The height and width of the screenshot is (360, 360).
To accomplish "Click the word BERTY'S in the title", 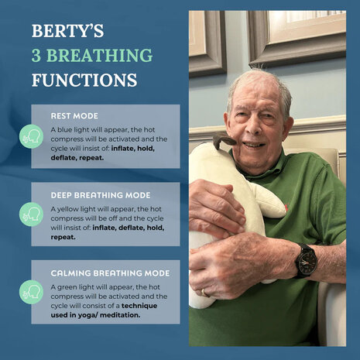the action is coord(68,31).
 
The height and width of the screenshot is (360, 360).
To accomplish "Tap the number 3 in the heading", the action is coord(36,55).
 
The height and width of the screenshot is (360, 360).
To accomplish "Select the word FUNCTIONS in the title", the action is coord(84,80).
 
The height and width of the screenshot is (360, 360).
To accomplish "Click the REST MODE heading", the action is coord(74,116).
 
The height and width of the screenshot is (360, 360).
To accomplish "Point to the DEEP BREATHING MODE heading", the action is coord(101,195).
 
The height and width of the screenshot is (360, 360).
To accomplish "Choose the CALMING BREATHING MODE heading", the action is coord(110,273).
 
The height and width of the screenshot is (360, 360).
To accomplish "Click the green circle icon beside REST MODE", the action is coord(31,136).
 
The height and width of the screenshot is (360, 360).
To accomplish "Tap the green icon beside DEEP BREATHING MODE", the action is coord(31,214).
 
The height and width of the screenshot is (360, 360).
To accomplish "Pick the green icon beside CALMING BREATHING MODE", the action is coord(31,292).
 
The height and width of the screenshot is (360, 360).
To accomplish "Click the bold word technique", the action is coord(139,306).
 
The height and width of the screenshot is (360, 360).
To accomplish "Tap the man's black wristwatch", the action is coord(307,261).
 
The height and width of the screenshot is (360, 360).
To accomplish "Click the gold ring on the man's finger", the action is coord(204,293).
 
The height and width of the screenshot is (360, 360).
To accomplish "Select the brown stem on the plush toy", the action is coord(224,141).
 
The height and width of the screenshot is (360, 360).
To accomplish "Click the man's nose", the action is coord(253,128).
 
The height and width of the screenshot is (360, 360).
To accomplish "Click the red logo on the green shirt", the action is coord(286,207).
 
